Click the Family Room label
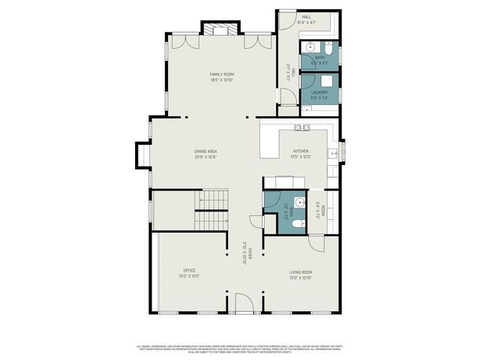pyautogui.click(x=222, y=74)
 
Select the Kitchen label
pyautogui.click(x=300, y=151)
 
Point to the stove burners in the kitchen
pyautogui.click(x=302, y=127)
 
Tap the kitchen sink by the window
pyautogui.click(x=331, y=154)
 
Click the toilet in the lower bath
pyautogui.click(x=298, y=223)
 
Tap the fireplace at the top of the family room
pyautogui.click(x=220, y=29)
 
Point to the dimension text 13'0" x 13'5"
pyautogui.click(x=189, y=277)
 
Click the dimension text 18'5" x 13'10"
pyautogui.click(x=222, y=80)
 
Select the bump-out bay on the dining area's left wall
pyautogui.click(x=141, y=154)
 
